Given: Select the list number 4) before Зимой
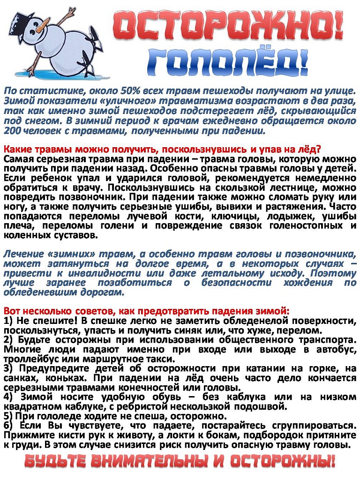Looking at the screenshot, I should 8,397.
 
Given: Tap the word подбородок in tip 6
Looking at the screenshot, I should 281,435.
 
